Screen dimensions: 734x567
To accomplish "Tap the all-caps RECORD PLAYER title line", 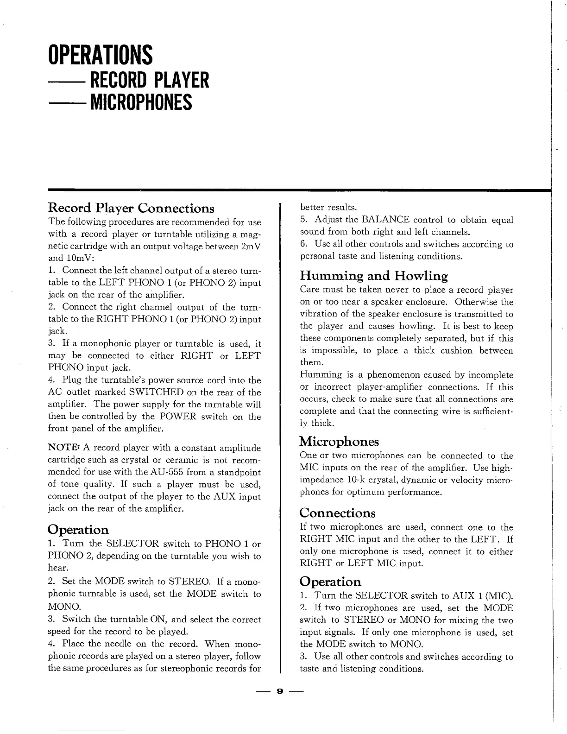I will [150, 80].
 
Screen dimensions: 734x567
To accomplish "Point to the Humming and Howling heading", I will [374, 277].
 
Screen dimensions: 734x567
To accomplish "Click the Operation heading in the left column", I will [78, 529].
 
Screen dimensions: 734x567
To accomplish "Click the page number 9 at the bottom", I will [279, 691].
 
